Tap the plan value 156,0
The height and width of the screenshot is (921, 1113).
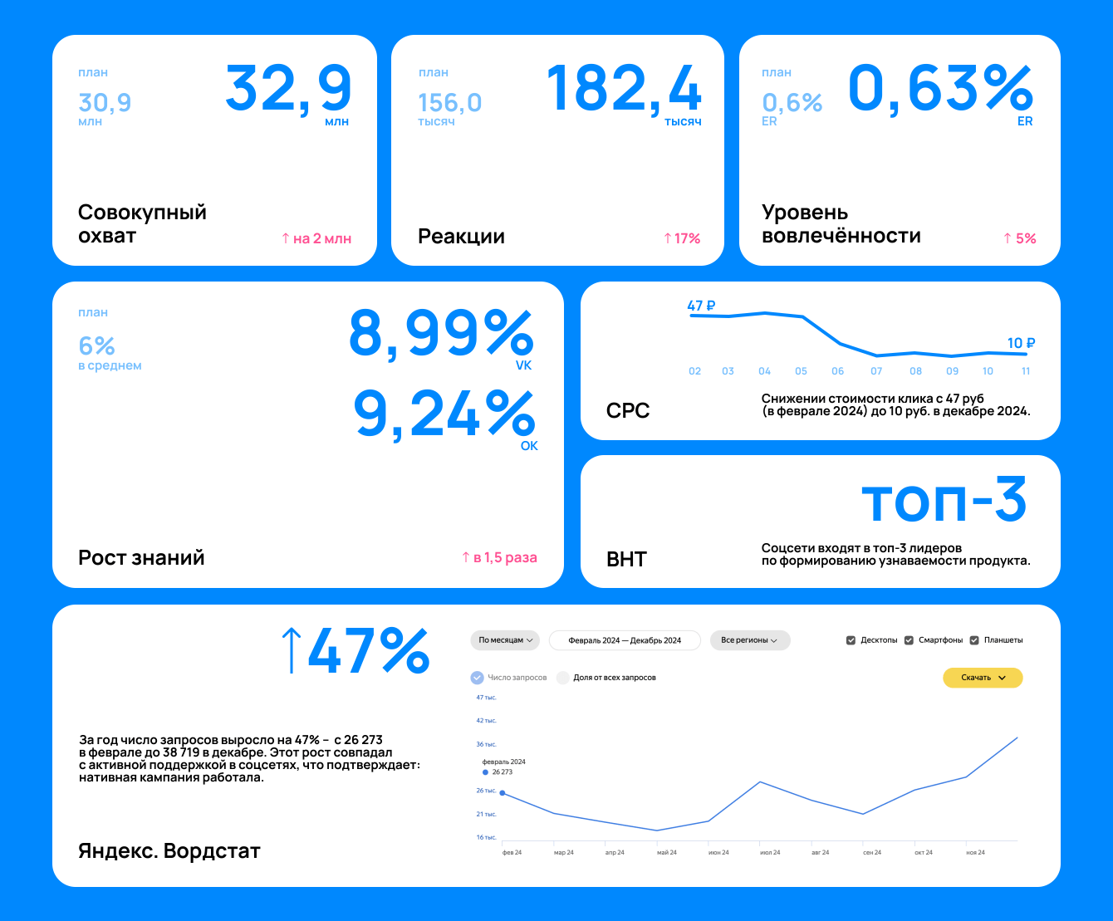(449, 103)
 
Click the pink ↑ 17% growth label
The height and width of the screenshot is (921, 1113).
(682, 239)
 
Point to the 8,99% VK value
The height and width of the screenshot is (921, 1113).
(440, 334)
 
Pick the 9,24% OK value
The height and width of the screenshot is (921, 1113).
(444, 414)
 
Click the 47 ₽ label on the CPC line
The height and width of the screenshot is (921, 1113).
(702, 306)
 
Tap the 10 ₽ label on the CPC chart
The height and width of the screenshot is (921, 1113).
(1021, 343)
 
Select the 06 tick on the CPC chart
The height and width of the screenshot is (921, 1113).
(837, 371)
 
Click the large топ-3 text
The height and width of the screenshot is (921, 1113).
(944, 501)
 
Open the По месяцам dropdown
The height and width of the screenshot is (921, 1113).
(506, 640)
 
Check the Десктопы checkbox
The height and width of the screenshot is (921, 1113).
(851, 640)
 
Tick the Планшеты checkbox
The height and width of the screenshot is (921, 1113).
(974, 640)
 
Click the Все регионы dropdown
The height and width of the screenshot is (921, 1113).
(749, 640)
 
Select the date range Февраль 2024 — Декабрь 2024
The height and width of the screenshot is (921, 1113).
(625, 640)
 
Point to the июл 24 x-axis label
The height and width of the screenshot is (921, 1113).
(768, 853)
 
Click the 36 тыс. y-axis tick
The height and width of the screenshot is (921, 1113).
(486, 744)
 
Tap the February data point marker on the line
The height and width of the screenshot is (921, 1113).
(502, 793)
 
